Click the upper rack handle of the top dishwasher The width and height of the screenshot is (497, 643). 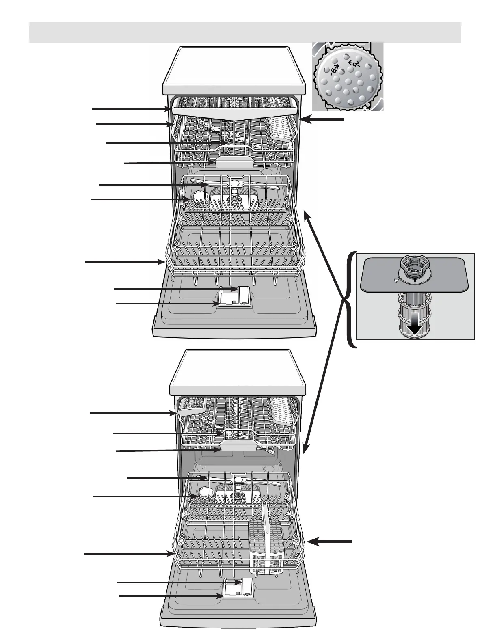234,162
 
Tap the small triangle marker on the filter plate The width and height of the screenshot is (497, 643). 395,280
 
